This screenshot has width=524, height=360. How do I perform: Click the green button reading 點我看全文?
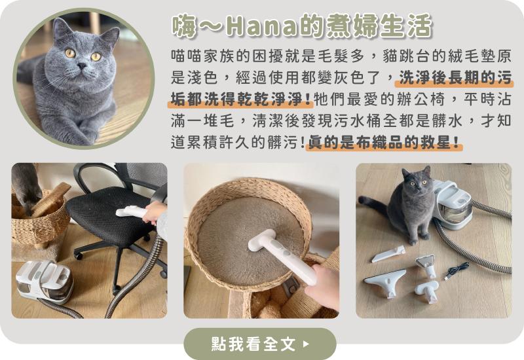point(259,344)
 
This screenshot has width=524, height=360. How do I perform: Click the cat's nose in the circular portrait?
point(82,66)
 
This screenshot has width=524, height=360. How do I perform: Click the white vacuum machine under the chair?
point(45,281)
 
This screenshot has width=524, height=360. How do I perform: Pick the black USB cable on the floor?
point(457,270)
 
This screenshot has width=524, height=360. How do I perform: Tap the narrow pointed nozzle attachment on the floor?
point(388,254)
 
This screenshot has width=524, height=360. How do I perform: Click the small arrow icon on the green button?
point(305,344)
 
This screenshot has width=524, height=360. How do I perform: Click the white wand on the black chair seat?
point(132,211)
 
